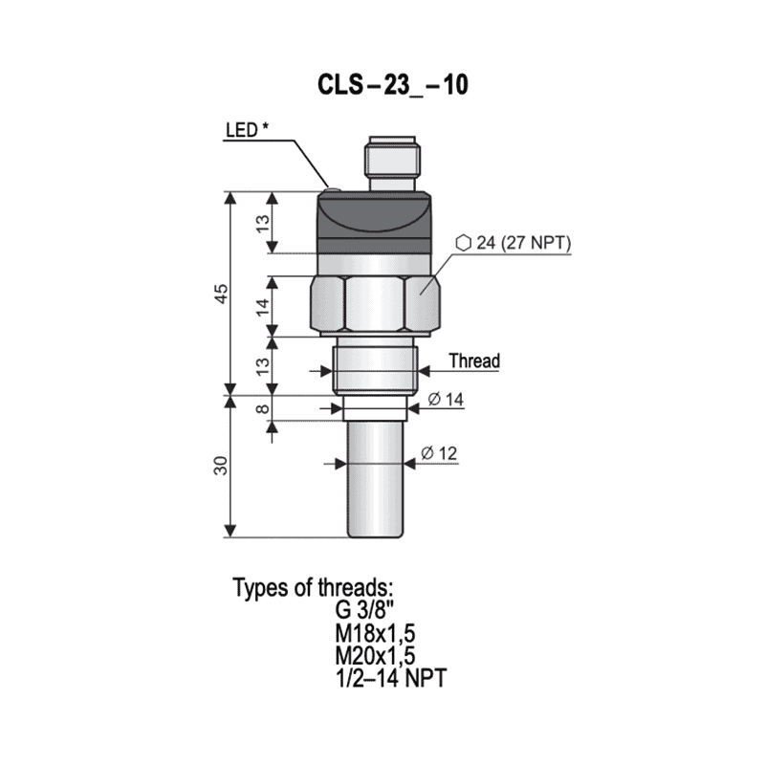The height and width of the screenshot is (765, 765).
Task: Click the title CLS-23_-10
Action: click(393, 85)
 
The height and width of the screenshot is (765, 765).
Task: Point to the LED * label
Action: click(247, 130)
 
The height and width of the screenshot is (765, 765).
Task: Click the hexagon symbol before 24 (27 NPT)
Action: click(463, 243)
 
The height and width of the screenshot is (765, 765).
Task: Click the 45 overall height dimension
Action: click(220, 293)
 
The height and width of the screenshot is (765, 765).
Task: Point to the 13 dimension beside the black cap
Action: click(262, 223)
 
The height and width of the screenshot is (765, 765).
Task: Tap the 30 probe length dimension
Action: click(220, 466)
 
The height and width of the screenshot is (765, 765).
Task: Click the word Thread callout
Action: click(473, 361)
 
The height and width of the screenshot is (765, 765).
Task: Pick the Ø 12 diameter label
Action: click(439, 453)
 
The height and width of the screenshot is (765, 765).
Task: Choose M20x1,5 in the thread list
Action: click(375, 656)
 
